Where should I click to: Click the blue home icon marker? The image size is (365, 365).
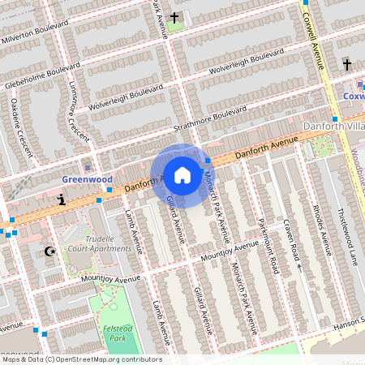(x=182, y=174)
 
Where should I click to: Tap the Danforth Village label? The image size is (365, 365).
(x=333, y=127)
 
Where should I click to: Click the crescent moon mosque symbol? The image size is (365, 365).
(x=50, y=252)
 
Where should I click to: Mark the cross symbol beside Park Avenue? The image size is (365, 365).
(x=176, y=17)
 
